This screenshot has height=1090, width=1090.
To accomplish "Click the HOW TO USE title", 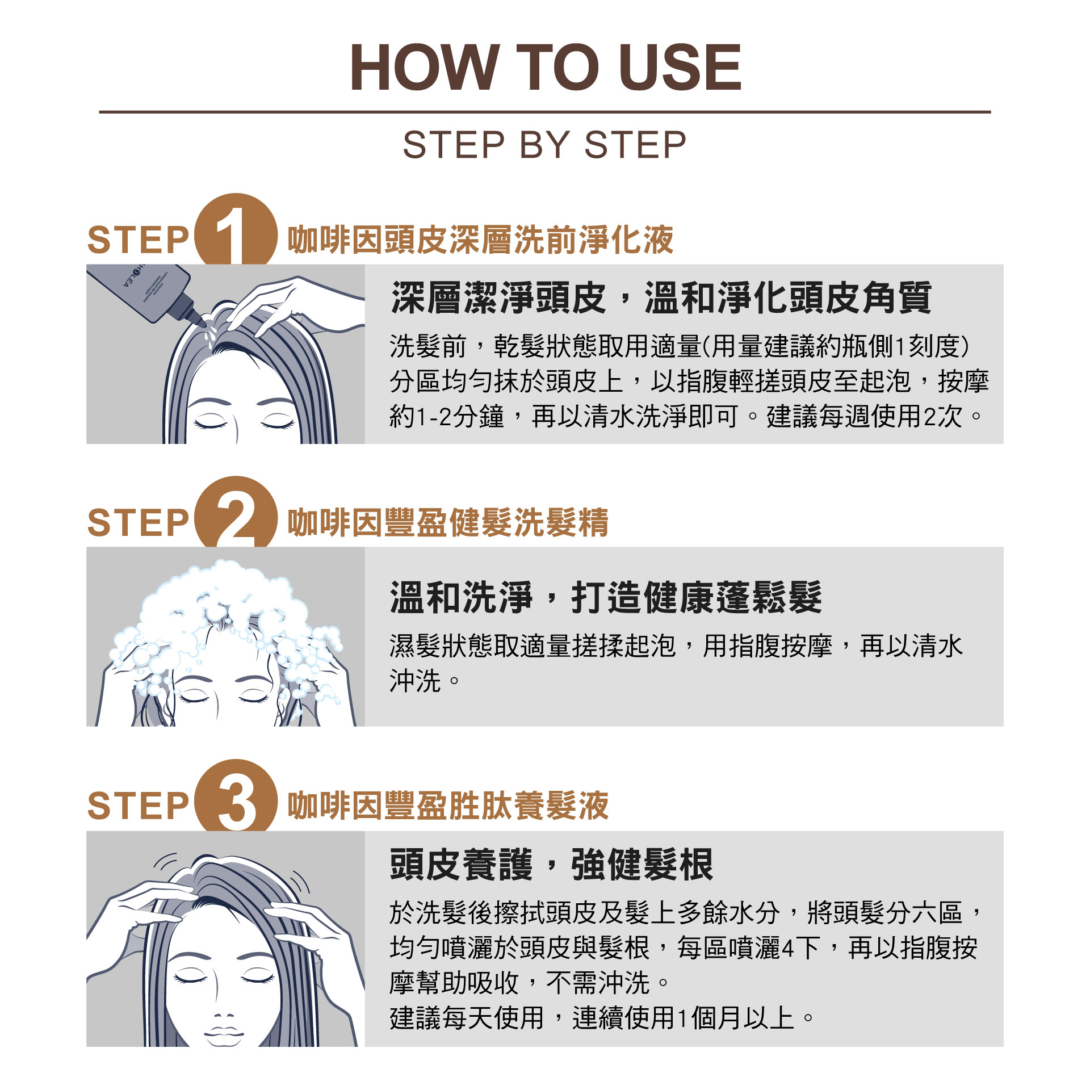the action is [546, 67].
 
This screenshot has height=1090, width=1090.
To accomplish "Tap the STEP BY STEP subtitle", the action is [544, 145].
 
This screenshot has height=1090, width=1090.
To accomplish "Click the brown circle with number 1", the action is [236, 230].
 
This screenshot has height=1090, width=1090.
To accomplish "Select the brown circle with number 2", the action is [236, 513].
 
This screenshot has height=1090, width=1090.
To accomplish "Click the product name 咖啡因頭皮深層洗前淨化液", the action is [480, 240].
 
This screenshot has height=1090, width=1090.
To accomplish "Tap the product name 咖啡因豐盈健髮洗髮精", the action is [448, 522].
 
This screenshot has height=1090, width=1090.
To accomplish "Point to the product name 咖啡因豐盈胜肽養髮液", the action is [448, 806].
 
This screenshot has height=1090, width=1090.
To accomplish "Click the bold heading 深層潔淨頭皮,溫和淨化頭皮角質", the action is [661, 297].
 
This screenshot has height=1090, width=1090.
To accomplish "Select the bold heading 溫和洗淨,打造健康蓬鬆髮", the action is [606, 597].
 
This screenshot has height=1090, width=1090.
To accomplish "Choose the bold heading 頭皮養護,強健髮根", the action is [551, 865].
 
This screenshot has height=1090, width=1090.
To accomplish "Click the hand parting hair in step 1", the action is [290, 304].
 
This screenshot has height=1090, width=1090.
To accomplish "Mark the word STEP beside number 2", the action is [138, 523].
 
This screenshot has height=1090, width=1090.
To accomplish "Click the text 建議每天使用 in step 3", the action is [467, 1018].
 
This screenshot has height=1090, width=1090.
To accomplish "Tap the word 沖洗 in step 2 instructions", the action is [416, 681].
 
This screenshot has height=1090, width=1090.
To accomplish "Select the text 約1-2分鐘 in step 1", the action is [447, 416].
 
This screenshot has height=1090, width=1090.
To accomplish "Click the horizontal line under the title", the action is [545, 112].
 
